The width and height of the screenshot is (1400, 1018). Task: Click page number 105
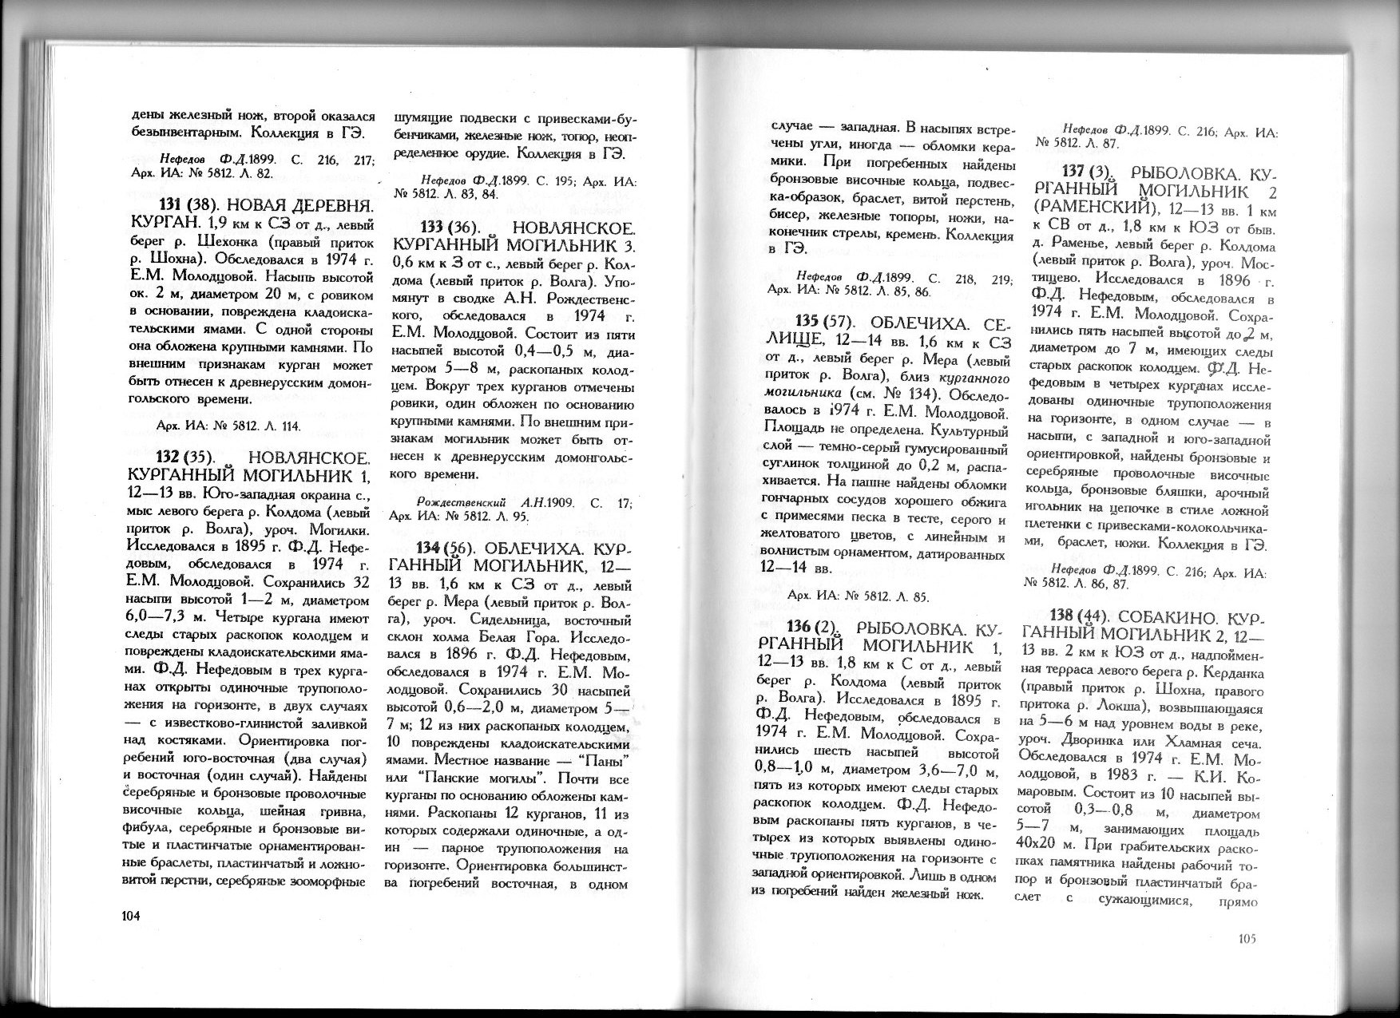(x=1244, y=939)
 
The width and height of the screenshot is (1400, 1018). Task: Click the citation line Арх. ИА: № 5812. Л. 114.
(x=228, y=426)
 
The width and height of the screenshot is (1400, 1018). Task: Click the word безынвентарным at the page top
(x=183, y=130)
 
